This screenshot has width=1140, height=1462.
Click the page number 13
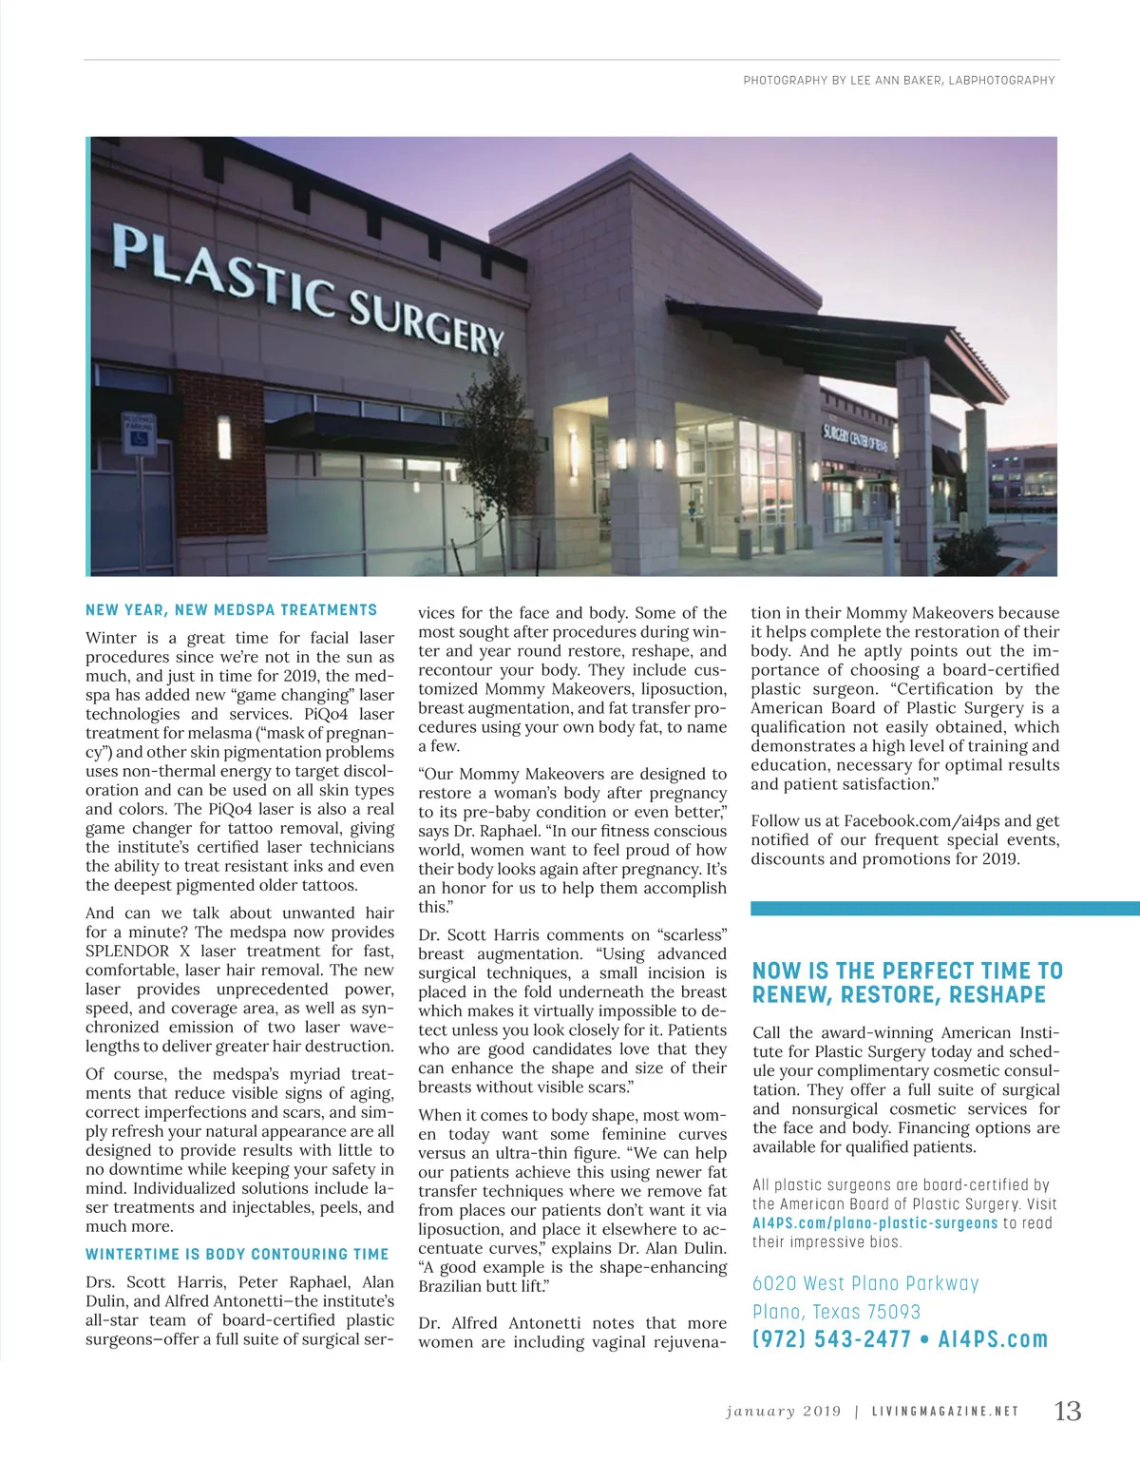tap(1068, 1411)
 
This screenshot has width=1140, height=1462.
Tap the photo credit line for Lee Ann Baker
tap(899, 81)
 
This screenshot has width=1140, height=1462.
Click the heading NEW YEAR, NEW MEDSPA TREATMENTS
tap(231, 610)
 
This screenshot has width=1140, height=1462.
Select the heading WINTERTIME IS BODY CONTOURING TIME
tap(237, 1255)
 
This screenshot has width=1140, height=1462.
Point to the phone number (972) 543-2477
tap(831, 1339)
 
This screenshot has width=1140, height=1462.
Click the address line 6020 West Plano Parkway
tap(864, 1283)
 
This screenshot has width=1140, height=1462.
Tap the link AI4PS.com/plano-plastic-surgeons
tap(875, 1223)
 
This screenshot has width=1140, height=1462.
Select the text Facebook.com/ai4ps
tap(921, 821)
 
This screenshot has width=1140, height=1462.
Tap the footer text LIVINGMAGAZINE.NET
tap(945, 1412)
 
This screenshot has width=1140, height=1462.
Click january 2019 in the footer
tap(783, 1412)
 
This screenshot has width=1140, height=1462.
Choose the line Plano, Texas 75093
tap(836, 1312)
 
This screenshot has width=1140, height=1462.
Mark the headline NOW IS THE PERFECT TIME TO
tap(906, 971)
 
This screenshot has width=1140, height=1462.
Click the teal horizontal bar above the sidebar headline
tap(944, 909)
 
